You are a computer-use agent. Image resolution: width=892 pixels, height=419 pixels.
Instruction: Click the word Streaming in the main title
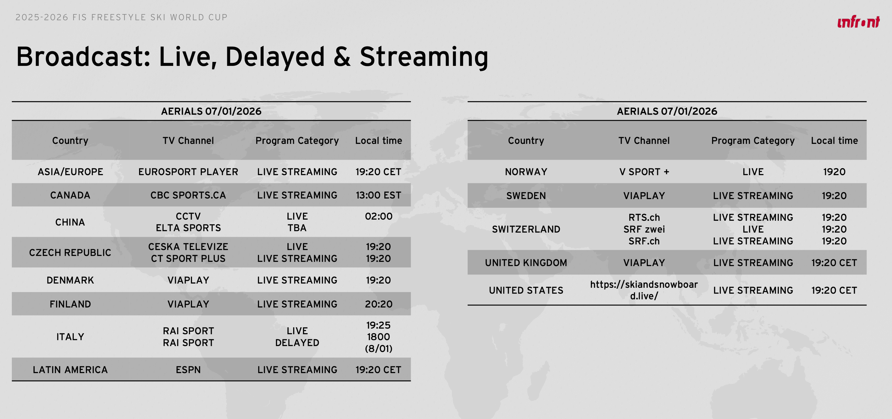[x=424, y=57]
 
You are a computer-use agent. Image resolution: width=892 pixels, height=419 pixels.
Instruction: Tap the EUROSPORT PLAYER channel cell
[x=188, y=172]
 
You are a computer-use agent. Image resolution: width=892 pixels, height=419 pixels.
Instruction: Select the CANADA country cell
[x=70, y=195]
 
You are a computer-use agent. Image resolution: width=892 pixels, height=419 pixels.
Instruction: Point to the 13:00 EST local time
[x=378, y=195]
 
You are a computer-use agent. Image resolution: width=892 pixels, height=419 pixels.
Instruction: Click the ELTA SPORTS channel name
[x=188, y=228]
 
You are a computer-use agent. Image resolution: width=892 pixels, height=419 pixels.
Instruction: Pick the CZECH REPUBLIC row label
[x=70, y=253]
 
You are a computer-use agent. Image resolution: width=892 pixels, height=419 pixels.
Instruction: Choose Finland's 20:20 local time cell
[x=378, y=304]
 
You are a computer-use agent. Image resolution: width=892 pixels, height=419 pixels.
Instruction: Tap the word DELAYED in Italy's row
[x=297, y=343]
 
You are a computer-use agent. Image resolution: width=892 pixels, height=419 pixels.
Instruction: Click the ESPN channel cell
[x=188, y=370]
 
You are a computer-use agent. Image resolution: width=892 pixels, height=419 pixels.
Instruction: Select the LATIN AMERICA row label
[x=70, y=370]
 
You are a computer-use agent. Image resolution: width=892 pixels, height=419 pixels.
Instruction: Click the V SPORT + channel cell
[x=644, y=172]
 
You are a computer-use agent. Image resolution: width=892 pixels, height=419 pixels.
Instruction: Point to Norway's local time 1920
[x=834, y=172]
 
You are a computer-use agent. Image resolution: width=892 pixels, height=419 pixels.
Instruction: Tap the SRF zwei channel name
[x=644, y=229]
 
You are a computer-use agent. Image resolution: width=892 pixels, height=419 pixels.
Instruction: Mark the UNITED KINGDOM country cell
[x=526, y=263]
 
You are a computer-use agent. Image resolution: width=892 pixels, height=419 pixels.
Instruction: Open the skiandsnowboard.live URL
[x=644, y=290]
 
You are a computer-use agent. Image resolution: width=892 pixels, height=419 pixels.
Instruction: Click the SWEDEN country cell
[x=526, y=196]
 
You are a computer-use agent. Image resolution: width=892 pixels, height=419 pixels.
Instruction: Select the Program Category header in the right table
[x=753, y=141]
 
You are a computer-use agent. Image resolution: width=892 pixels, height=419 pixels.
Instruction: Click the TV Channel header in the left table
[x=188, y=141]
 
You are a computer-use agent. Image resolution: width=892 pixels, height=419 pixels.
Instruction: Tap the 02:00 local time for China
[x=378, y=216]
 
